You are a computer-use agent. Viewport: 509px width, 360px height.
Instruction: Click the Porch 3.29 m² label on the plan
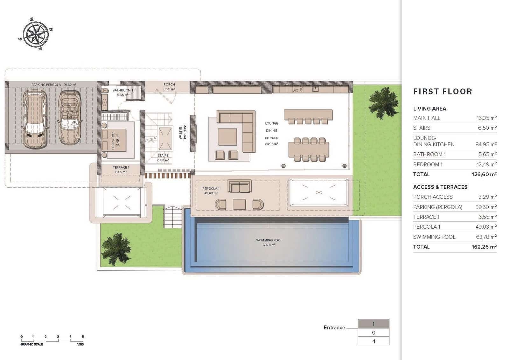[169, 87]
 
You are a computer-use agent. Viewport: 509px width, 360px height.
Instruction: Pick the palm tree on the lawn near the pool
[116, 249]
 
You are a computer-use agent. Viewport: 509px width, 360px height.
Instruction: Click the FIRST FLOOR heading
[443, 92]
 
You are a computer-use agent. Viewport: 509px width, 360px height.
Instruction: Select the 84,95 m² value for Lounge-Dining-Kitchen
[486, 144]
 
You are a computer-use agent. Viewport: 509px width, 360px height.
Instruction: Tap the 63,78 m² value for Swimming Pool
[486, 237]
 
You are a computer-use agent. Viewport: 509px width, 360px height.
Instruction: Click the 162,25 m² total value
[484, 247]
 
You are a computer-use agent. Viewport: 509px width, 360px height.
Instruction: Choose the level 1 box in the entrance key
[373, 324]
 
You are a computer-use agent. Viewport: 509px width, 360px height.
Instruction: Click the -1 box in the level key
[373, 341]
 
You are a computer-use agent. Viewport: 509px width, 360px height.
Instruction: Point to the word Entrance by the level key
[334, 328]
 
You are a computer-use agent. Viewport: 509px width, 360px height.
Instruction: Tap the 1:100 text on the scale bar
[80, 344]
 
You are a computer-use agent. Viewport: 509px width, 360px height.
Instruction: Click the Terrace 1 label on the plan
[121, 170]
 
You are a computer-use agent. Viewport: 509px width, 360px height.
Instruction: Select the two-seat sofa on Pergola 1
[240, 187]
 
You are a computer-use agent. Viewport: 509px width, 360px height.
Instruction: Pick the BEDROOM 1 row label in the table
[428, 164]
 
